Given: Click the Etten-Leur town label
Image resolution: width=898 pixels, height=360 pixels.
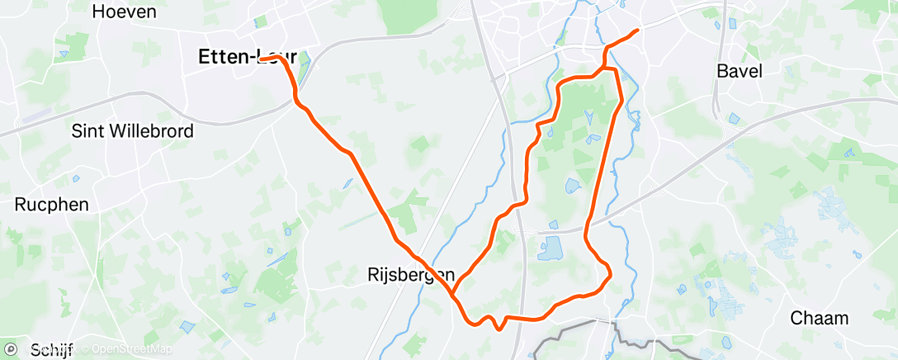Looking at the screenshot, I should [248, 57].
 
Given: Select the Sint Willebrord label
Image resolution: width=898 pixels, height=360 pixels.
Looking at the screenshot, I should [133, 130].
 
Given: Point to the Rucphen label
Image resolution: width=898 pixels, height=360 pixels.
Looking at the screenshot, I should [51, 204].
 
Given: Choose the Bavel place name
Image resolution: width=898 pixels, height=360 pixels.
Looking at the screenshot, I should [740, 71].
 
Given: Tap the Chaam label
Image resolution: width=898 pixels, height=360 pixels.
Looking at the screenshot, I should [820, 318].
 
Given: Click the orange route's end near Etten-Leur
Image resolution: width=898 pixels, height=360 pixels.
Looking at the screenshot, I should [261, 59].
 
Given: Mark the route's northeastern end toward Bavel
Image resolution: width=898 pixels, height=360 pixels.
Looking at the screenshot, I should [637, 31].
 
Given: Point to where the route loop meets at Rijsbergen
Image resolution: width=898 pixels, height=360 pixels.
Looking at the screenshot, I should [453, 292].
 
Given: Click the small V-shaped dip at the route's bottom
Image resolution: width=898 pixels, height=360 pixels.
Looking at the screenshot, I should [499, 329].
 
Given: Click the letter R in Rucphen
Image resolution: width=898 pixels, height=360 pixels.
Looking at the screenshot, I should [21, 204].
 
